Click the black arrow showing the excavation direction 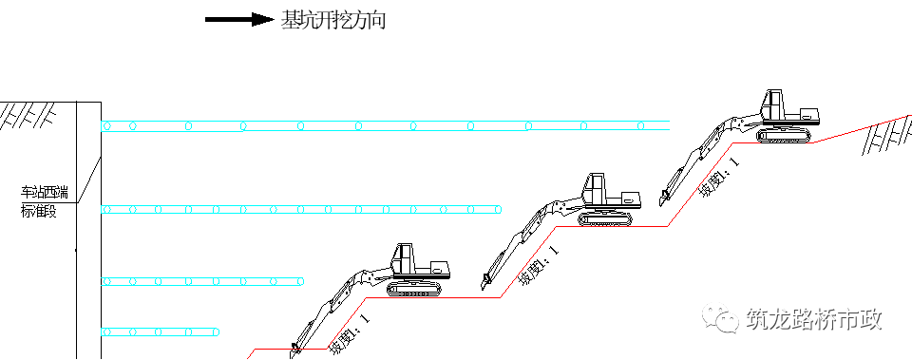[237, 19]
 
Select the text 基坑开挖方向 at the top [332, 20]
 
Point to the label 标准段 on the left [39, 211]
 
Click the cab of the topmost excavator [777, 104]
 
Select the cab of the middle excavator [595, 188]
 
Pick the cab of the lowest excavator [405, 259]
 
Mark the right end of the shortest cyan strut [220, 332]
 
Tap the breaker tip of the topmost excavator [660, 201]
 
